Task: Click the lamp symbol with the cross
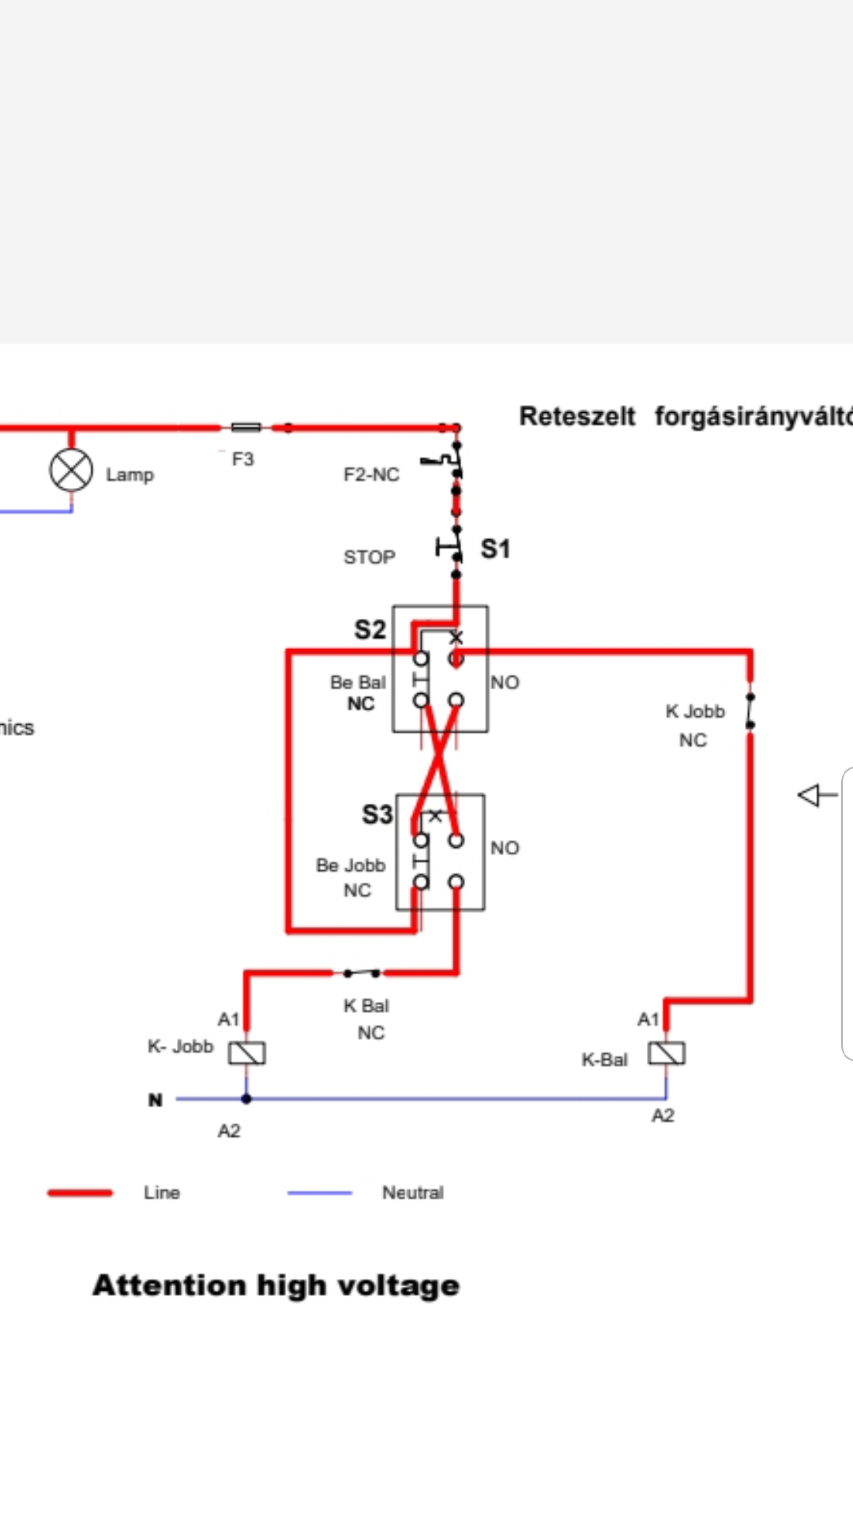(71, 471)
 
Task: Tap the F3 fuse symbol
(246, 428)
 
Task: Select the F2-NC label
(371, 475)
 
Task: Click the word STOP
(369, 557)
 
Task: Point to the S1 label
(495, 549)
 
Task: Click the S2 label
(370, 630)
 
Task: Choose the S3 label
(377, 814)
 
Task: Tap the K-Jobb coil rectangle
(247, 1053)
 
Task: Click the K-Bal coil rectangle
(667, 1053)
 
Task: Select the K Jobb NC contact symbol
(750, 710)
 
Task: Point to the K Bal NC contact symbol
(361, 972)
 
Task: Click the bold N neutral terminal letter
(156, 1100)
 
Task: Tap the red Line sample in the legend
(80, 1192)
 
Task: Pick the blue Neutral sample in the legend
(320, 1192)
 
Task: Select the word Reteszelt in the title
(577, 416)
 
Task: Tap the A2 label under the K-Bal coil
(663, 1116)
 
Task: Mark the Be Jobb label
(351, 865)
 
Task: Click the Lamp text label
(130, 475)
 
